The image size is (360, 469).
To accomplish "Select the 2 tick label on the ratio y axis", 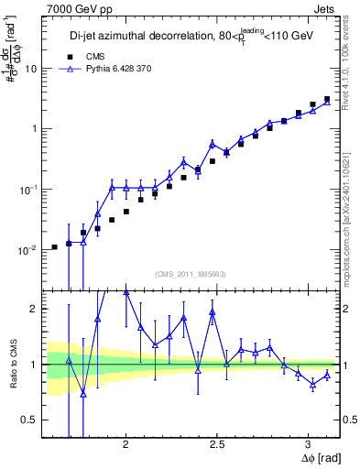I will coord(32,310).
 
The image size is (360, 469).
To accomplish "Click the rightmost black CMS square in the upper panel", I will coord(327,99).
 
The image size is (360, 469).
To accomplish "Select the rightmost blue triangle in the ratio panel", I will coord(327,375).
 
